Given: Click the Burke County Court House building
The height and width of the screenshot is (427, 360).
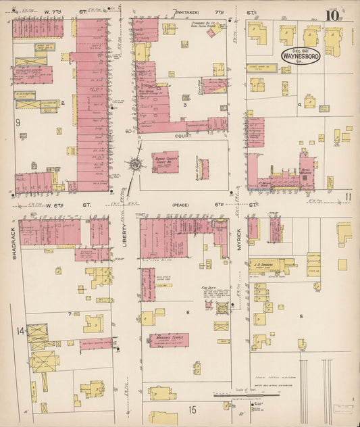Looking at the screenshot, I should [165, 162].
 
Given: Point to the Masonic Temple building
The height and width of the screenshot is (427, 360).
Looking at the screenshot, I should [169, 339].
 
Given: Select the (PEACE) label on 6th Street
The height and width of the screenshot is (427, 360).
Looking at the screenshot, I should [181, 204].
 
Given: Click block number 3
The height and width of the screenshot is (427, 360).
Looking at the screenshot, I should [184, 105].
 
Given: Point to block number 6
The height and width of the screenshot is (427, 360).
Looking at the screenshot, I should [187, 313].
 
